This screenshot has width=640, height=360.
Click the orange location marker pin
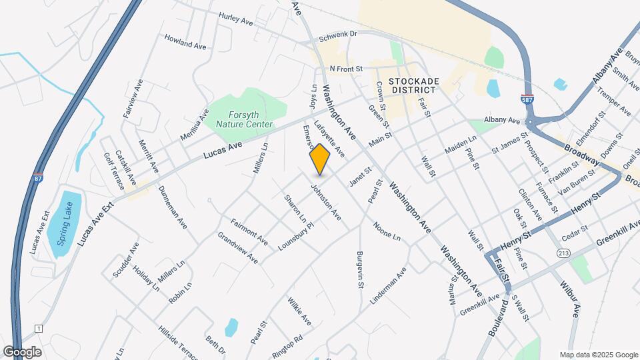320,159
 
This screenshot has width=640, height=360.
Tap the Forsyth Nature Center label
239,119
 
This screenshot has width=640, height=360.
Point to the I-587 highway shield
527,99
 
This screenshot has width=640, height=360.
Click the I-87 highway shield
39,179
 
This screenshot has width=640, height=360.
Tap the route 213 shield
564,253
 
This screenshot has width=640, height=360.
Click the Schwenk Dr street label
338,34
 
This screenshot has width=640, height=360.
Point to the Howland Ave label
185,41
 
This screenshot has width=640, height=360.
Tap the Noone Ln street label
387,231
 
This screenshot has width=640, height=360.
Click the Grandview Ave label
238,247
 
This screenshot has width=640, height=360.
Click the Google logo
22,352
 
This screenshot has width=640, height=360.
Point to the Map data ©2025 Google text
598,355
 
